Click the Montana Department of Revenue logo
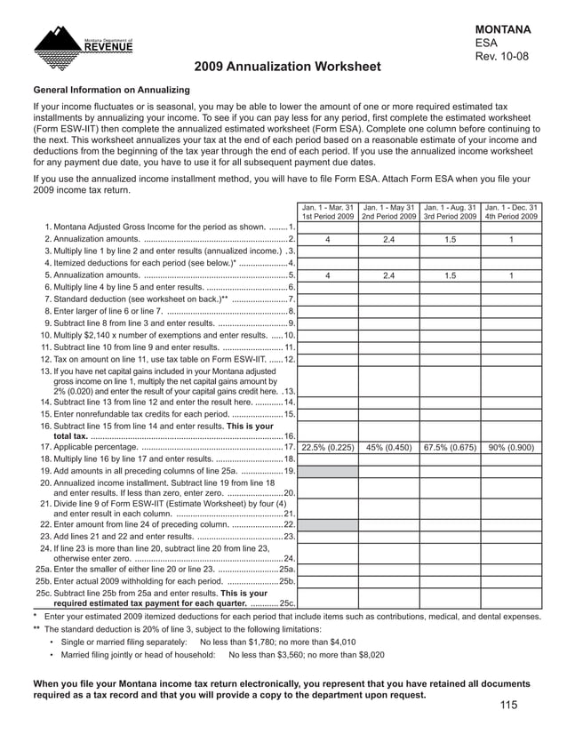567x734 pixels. [83, 43]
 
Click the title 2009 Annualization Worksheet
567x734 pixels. [287, 68]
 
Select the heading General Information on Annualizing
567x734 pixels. [111, 91]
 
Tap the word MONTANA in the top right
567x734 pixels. [504, 29]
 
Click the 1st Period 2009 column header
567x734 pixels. [328, 216]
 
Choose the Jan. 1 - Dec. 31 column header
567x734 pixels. [511, 207]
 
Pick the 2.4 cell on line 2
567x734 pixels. [388, 239]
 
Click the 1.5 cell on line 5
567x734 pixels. [450, 275]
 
